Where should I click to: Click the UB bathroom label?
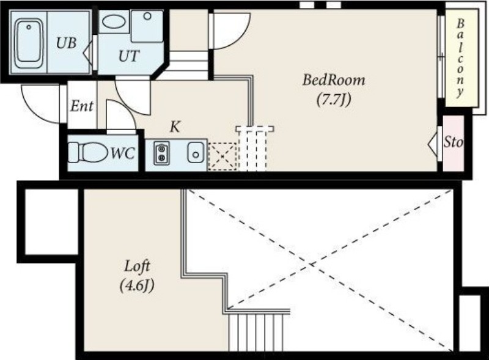67,43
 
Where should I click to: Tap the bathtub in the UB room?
29,43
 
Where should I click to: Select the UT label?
129,56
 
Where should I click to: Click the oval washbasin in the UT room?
114,22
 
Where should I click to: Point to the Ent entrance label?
82,106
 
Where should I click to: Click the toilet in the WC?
88,153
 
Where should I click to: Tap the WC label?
123,153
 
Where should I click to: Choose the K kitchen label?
175,127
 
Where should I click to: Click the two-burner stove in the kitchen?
161,153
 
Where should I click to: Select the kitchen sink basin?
196,153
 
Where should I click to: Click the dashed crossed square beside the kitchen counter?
222,156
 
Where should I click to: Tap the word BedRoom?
334,80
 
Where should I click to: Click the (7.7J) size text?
334,100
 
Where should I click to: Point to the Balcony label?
460,58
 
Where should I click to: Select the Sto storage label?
454,142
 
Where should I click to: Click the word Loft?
137,266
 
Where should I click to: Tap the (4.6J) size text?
137,285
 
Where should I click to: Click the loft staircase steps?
256,332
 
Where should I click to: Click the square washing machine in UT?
147,26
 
